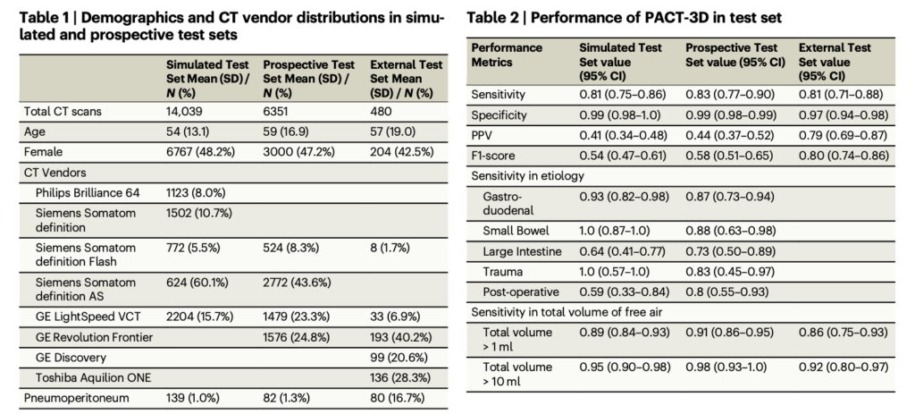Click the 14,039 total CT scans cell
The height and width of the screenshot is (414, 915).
coord(186,114)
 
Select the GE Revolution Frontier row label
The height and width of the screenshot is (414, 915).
coord(94,337)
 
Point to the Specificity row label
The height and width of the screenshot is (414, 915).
coord(500,115)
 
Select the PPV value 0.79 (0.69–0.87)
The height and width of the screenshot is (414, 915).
coord(844,135)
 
